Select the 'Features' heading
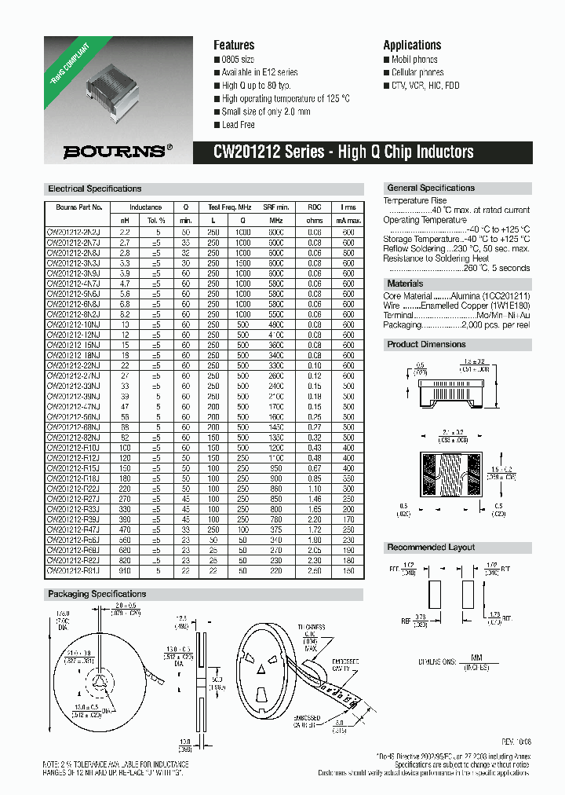click(234, 45)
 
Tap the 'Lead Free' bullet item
click(238, 125)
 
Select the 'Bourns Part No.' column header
click(74, 207)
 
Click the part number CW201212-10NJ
click(74, 324)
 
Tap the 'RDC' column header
click(315, 207)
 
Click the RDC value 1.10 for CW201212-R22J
click(315, 488)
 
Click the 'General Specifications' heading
click(431, 189)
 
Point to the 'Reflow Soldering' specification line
click(456, 249)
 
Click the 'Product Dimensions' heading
click(426, 345)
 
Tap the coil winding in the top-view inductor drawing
click(454, 472)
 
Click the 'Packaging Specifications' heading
click(97, 594)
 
